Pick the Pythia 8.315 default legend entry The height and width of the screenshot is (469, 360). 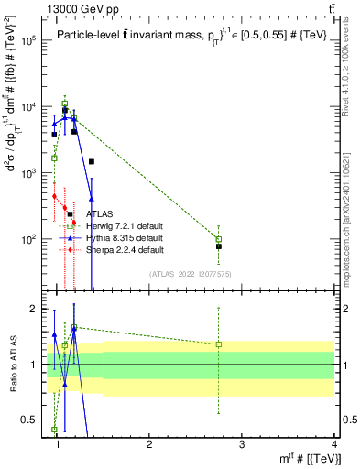(111, 237)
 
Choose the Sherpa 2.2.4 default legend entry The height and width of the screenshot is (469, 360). (112, 249)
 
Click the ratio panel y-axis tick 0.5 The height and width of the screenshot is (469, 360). (32, 421)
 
